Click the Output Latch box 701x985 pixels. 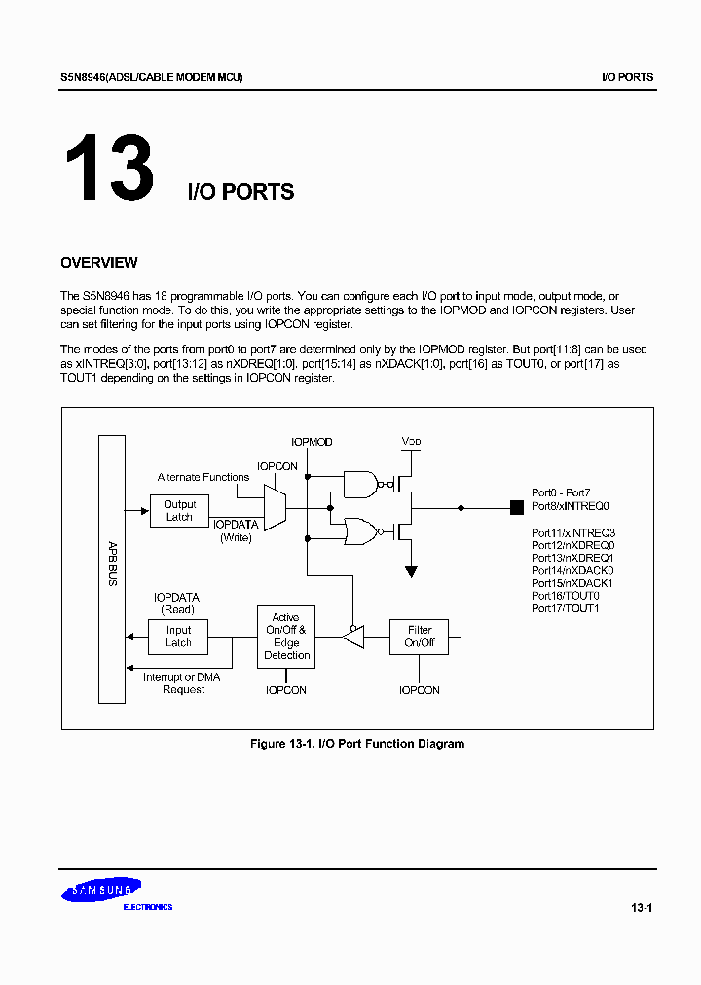tap(179, 511)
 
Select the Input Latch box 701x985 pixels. tap(178, 637)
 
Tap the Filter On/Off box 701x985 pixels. tap(419, 637)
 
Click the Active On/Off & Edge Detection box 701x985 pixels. tap(286, 637)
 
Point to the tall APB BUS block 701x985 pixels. tap(112, 568)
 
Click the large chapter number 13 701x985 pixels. tap(109, 167)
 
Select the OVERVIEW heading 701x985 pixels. tap(98, 263)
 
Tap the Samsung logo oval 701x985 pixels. tap(101, 890)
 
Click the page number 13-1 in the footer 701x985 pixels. tap(641, 909)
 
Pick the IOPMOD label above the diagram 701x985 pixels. tap(312, 442)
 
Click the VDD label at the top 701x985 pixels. tap(412, 442)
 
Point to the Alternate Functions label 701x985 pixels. tap(203, 477)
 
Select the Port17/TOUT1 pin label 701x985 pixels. tap(565, 608)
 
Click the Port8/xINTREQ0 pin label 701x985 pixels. tap(571, 506)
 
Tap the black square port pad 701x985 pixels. tap(516, 506)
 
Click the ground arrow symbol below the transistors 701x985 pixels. tap(412, 571)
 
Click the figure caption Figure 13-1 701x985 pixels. tap(356, 744)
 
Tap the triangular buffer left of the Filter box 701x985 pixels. tap(353, 637)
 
